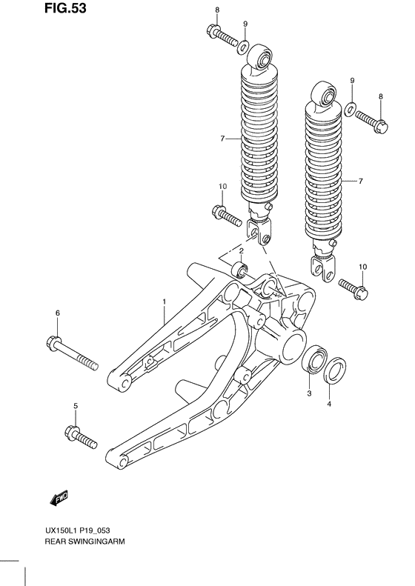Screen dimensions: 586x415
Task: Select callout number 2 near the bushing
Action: pos(241,252)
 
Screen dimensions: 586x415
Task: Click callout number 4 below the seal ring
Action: pos(331,404)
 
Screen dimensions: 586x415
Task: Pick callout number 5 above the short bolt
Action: pos(75,404)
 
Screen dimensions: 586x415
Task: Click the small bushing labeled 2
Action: pos(240,269)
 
